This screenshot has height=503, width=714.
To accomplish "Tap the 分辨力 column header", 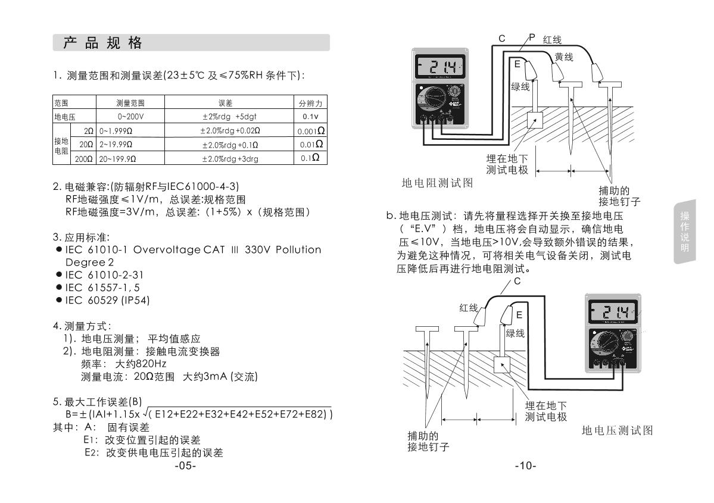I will (310, 104).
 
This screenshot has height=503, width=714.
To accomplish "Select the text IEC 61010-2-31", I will (104, 275).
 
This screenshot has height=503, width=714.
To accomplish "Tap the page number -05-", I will (185, 466).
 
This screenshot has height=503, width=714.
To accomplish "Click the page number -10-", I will (525, 466).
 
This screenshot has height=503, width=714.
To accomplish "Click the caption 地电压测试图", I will (617, 430).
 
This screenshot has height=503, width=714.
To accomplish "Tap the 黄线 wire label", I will (563, 57).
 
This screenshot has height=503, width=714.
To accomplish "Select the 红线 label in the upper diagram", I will (552, 40).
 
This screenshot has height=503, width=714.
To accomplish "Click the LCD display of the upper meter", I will (441, 65).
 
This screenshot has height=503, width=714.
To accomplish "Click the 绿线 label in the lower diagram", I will (515, 333).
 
